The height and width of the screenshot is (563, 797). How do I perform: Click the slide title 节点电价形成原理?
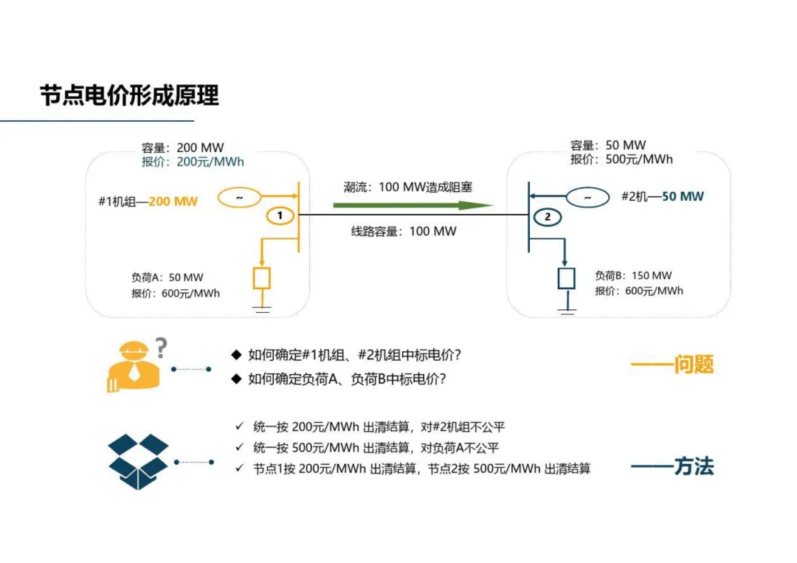[x=130, y=95]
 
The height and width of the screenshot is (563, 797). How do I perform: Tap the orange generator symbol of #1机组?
[x=239, y=198]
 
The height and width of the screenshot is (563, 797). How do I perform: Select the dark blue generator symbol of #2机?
[x=587, y=197]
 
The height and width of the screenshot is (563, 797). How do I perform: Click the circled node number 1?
[x=280, y=215]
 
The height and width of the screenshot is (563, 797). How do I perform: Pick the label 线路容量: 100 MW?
[x=404, y=231]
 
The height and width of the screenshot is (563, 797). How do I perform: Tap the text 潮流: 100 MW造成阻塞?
[x=407, y=187]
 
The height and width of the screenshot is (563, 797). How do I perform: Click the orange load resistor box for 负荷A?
[x=262, y=278]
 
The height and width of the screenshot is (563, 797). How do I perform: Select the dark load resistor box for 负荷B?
[x=566, y=278]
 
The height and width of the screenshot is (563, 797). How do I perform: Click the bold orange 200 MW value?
[x=173, y=201]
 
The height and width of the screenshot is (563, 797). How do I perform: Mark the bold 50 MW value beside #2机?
[x=683, y=196]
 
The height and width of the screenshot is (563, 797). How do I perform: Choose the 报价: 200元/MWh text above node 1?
[x=193, y=162]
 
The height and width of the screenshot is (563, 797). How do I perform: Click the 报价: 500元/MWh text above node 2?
[x=621, y=159]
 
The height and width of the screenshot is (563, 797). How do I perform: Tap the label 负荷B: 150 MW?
[x=633, y=275]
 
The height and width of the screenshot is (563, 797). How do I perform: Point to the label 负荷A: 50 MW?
[x=168, y=277]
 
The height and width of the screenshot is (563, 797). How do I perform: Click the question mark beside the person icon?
[x=161, y=346]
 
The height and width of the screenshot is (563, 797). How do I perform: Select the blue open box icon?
[x=138, y=462]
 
